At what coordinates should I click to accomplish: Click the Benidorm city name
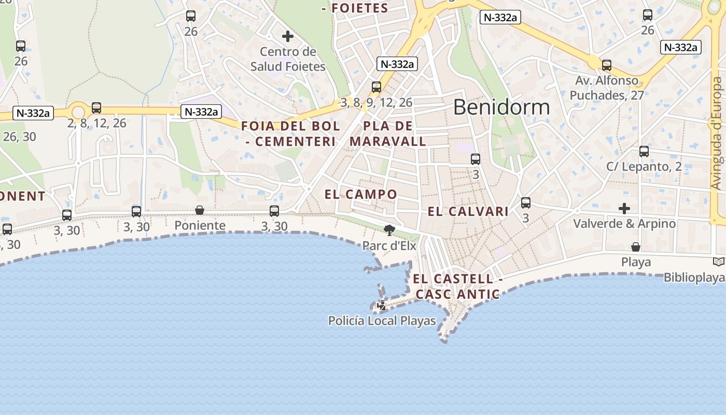[501, 107]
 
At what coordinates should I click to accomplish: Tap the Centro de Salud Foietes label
[288, 59]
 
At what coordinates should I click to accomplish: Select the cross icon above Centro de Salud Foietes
[288, 36]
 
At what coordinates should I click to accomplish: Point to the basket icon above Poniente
[200, 210]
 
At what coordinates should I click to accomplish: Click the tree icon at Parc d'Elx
[389, 230]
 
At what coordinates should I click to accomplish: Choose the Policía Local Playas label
[382, 321]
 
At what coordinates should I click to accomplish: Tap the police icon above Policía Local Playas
[382, 306]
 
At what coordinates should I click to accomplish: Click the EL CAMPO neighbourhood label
[361, 195]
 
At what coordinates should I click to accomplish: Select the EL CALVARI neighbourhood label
[468, 212]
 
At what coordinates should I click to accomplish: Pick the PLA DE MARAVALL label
[388, 134]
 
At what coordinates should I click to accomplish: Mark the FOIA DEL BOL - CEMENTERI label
[290, 134]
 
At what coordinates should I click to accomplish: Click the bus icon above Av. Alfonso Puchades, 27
[607, 65]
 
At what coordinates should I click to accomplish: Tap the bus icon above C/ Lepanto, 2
[644, 151]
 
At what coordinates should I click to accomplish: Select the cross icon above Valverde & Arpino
[624, 209]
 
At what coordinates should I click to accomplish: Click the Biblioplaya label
[694, 278]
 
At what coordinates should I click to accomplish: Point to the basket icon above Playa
[636, 247]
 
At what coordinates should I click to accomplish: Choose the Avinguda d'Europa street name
[717, 134]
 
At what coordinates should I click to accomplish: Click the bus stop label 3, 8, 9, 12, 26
[376, 103]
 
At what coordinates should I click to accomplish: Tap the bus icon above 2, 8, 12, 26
[96, 108]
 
